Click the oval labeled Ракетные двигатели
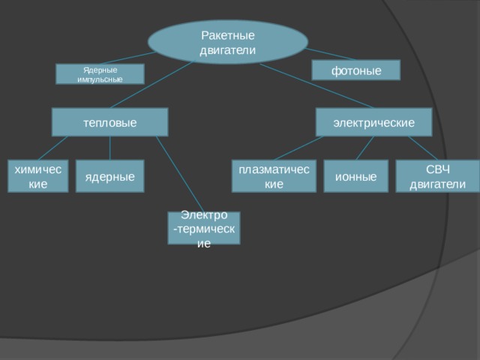(x=228, y=42)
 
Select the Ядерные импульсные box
(x=100, y=73)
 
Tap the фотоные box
(x=356, y=70)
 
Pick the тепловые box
(x=110, y=121)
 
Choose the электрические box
(x=373, y=121)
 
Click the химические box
(x=38, y=176)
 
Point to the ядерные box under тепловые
(x=110, y=176)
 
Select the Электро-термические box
(x=204, y=228)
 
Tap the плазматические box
(x=274, y=176)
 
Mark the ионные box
(x=356, y=176)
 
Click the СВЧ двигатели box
(x=438, y=176)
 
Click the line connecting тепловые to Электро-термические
(x=180, y=174)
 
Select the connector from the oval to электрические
(x=316, y=85)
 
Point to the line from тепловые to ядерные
(x=110, y=148)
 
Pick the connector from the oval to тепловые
(x=151, y=85)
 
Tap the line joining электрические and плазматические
(x=298, y=148)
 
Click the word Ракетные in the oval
(x=228, y=35)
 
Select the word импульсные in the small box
(x=100, y=79)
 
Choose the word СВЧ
(x=438, y=169)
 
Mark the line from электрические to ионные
(x=365, y=148)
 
